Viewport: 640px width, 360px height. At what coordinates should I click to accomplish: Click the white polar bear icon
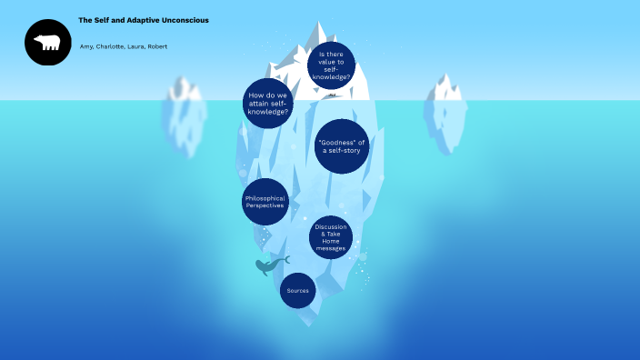point(47,42)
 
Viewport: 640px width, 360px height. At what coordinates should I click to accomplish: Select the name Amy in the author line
point(85,46)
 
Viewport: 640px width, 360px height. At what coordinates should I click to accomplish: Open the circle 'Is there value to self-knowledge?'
point(331,65)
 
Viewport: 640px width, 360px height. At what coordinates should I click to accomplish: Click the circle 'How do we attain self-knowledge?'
point(268,102)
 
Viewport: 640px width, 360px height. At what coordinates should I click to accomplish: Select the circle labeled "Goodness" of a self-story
point(342,145)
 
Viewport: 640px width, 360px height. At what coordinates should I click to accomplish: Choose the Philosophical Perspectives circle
point(265,202)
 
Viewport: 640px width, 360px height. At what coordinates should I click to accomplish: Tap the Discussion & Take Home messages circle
point(331,236)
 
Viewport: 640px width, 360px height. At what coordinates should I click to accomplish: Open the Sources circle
point(297,291)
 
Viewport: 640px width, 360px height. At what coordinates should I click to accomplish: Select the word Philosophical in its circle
point(265,197)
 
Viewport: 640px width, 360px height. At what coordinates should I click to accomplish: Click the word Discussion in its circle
point(331,226)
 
